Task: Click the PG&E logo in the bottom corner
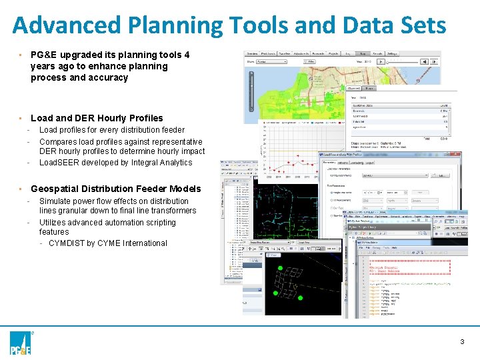[x=21, y=343]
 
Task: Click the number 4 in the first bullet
[x=187, y=55]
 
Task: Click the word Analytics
[x=176, y=163]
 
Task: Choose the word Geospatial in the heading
[x=57, y=189]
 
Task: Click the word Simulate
[x=57, y=201]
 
